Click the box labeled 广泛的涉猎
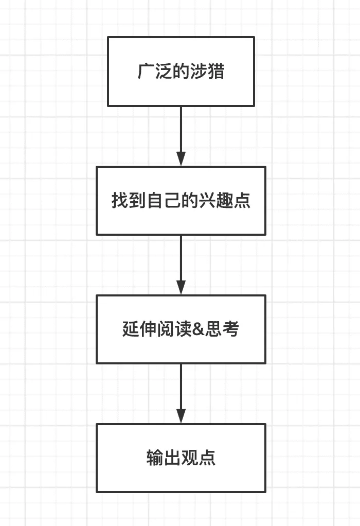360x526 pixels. click(181, 71)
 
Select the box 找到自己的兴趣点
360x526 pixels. click(181, 200)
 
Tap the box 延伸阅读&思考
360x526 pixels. click(181, 329)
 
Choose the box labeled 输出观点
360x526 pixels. click(181, 458)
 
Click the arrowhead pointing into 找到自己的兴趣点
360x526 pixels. click(181, 159)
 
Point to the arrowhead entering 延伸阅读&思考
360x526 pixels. click(181, 287)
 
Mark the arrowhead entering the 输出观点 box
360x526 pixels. click(181, 416)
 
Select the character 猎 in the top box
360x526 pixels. click(216, 71)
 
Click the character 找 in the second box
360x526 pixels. click(120, 200)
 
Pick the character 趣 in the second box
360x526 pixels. click(225, 200)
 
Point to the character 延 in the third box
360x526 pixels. click(131, 329)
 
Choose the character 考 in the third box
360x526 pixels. click(230, 329)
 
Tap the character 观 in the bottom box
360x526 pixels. click(190, 458)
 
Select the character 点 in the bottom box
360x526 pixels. click(207, 458)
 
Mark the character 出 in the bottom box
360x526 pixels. click(172, 458)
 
